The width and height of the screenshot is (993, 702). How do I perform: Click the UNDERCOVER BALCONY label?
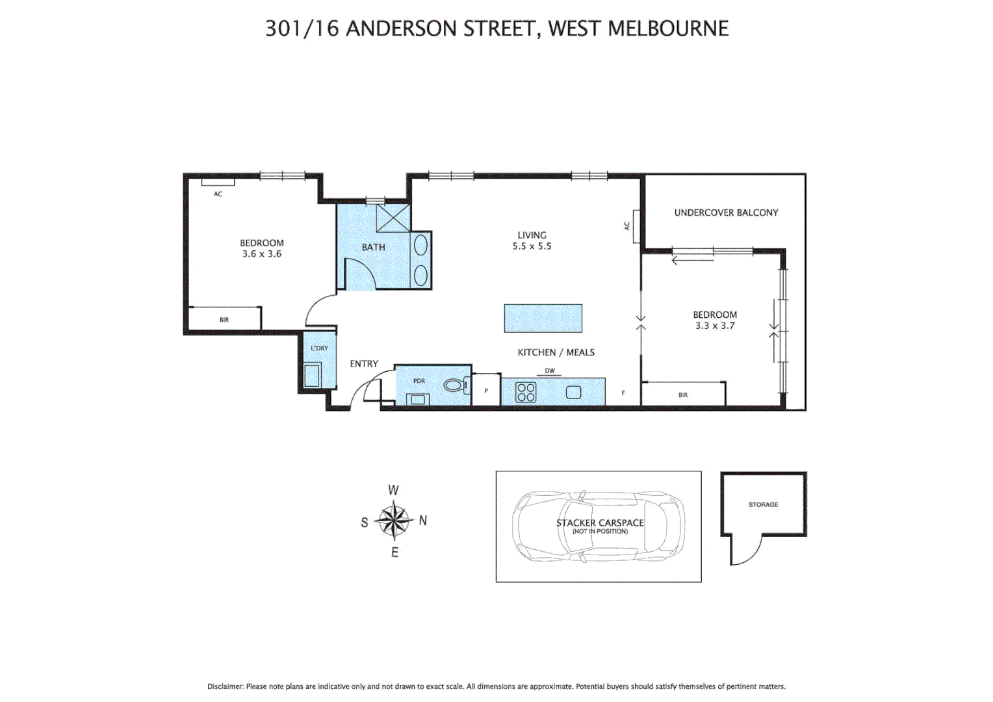(726, 213)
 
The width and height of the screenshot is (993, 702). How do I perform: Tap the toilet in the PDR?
(456, 385)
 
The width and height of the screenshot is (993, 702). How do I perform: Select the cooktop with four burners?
(526, 393)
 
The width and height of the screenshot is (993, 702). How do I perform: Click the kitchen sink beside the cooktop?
(573, 393)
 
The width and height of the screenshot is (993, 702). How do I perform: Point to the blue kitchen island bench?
(543, 318)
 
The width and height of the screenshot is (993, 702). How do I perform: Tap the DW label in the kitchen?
(550, 371)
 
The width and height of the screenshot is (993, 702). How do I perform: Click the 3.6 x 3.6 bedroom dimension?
(262, 254)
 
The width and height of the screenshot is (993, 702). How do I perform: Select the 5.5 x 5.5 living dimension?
(532, 246)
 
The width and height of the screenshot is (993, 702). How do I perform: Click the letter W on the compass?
(393, 490)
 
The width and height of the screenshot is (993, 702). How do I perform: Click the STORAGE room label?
(763, 504)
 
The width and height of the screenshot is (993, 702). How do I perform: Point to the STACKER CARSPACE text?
(600, 523)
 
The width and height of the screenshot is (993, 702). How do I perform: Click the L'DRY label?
(319, 348)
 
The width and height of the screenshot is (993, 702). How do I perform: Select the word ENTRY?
(364, 364)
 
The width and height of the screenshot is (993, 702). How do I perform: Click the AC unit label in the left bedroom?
(218, 194)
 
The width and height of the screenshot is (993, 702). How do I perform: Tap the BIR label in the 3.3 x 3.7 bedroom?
(683, 395)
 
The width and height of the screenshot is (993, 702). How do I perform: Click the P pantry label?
(486, 391)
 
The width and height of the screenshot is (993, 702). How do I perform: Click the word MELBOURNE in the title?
(668, 29)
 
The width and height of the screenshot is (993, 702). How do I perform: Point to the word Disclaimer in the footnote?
(225, 686)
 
